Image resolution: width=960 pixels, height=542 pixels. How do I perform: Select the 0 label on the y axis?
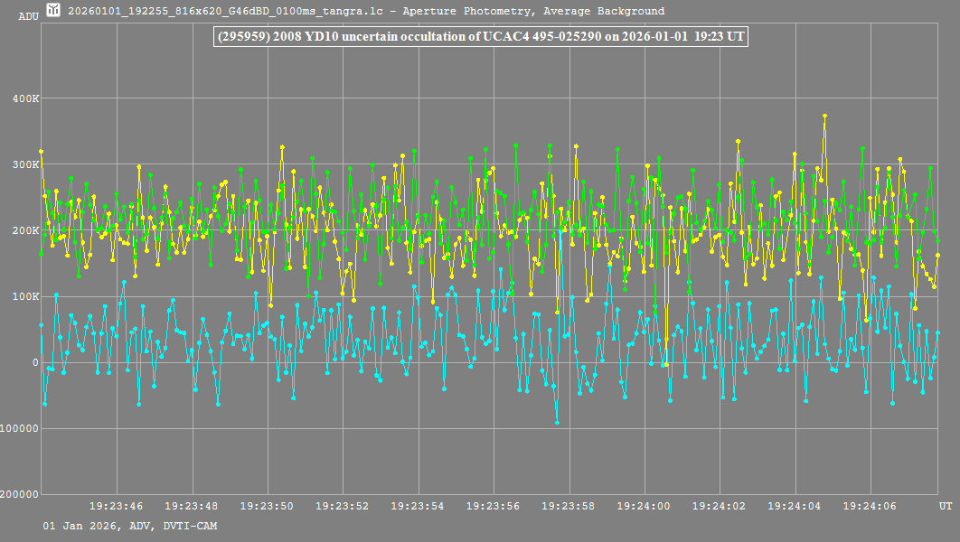34,362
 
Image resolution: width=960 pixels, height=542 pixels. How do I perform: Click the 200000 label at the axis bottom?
20,494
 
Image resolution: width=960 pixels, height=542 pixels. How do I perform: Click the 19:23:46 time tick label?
117,507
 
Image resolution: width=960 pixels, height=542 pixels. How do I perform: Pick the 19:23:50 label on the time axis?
268,507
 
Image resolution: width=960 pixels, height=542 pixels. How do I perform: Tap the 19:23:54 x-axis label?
419,507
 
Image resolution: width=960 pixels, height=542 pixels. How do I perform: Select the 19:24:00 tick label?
645,507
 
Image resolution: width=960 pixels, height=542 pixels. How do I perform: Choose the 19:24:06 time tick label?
871,507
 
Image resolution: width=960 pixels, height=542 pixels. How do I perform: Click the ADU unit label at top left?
28,16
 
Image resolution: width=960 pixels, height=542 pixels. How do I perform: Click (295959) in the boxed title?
243,36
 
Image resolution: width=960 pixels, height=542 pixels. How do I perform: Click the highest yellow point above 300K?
824,116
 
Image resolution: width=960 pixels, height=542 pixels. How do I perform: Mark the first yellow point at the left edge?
41,152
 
